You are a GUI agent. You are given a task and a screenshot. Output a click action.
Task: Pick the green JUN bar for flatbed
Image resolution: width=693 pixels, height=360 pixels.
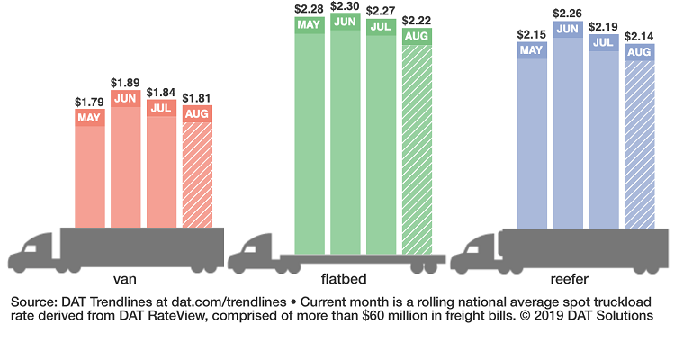click(x=345, y=135)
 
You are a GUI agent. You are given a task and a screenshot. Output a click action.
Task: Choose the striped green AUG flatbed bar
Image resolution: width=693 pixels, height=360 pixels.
click(x=417, y=144)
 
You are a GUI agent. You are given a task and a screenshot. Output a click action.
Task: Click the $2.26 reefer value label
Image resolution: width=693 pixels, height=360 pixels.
click(x=567, y=13)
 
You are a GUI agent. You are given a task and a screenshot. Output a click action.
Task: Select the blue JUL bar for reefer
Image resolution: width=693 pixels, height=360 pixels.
click(x=603, y=135)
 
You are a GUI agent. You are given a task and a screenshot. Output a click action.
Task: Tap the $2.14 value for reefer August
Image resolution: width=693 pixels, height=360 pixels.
click(x=640, y=36)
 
